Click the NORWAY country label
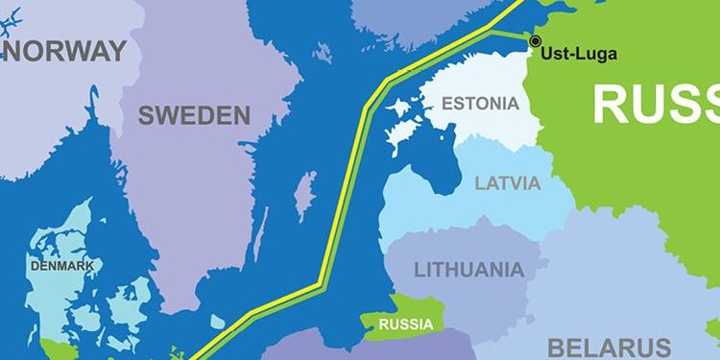(65, 51)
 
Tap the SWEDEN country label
(194, 116)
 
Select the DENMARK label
(61, 265)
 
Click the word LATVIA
(508, 182)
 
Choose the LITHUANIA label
(469, 269)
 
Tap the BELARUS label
(609, 347)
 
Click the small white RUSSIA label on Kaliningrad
(405, 324)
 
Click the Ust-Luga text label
(579, 54)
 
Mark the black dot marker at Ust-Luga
(535, 40)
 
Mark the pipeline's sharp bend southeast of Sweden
(321, 282)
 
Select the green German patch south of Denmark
(58, 348)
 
